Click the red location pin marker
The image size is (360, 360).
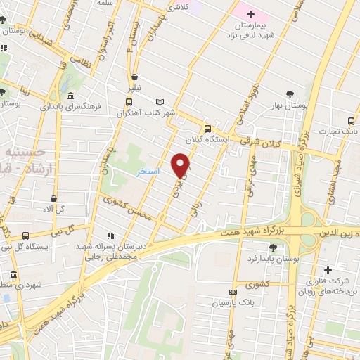coord(181,165)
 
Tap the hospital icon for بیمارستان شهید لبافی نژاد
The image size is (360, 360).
coord(250,14)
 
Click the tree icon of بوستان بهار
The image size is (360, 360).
coord(290,94)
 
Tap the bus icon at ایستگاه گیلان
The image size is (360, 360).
coord(207,129)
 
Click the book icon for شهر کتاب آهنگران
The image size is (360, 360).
coord(160,101)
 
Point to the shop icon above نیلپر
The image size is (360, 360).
coord(134,78)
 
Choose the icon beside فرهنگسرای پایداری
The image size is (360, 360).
coord(70,96)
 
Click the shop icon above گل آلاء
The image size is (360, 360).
coord(53,199)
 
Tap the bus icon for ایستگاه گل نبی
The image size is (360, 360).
coord(26,235)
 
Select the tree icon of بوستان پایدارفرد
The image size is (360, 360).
coord(273,247)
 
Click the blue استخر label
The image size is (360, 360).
coord(148,171)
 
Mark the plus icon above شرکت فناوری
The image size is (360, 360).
coord(327,270)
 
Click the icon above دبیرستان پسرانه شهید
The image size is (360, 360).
coord(110,236)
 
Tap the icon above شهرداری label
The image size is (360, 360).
coord(13,274)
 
